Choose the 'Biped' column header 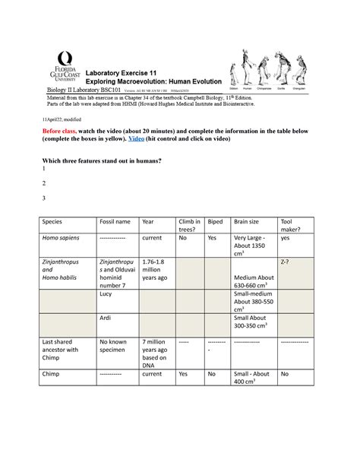[x=215, y=220]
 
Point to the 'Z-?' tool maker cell [x=288, y=260]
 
